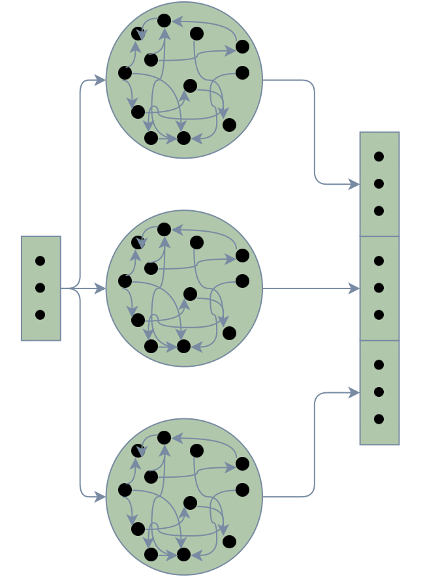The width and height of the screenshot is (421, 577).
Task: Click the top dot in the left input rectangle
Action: [40, 261]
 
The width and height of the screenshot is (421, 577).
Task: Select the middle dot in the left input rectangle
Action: [40, 288]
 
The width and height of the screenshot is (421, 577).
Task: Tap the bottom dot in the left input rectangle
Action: [40, 315]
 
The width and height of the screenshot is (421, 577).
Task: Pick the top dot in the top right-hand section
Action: [379, 157]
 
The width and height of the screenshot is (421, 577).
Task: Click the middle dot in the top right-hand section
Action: [379, 183]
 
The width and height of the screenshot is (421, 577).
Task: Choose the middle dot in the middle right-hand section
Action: [379, 288]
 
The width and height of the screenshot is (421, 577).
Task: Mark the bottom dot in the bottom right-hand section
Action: [379, 419]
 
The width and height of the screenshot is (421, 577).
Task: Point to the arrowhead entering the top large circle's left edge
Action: [101, 80]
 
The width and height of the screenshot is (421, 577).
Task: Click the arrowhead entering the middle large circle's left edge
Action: [101, 288]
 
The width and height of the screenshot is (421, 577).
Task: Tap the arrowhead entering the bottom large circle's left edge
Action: [101, 497]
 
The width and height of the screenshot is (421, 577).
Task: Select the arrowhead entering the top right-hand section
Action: [355, 184]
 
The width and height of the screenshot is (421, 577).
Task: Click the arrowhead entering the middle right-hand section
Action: [355, 288]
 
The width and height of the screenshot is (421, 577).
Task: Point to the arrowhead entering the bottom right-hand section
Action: [355, 392]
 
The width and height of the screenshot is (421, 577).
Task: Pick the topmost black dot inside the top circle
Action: [164, 20]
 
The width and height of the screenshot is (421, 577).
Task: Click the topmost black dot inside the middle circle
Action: [164, 229]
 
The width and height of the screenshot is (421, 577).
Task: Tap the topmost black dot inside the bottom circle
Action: [164, 437]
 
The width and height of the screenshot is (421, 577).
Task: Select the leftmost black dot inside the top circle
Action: [125, 72]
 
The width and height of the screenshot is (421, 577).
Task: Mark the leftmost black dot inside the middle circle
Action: [125, 281]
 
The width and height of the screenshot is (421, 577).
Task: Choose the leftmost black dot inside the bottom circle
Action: [125, 490]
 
